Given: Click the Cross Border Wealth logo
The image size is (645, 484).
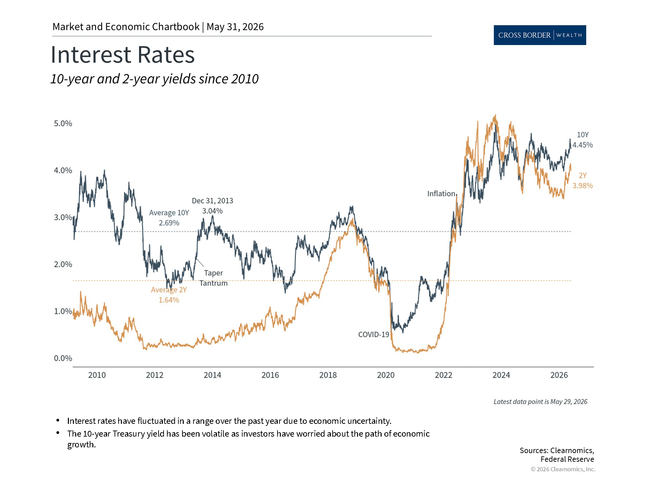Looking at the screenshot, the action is tap(540, 35).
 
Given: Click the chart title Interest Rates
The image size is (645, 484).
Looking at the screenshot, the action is tap(123, 54).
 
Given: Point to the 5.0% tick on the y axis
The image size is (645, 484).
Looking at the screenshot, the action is tap(63, 123).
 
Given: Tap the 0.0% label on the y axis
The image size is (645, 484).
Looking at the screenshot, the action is tap(63, 358).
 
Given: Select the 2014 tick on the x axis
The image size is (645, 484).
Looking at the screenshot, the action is tap(212, 375).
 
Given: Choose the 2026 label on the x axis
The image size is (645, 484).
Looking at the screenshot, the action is tap(559, 375).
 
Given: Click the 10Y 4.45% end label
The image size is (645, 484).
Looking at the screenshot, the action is tap(583, 140).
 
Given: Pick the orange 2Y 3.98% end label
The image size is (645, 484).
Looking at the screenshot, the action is tap(583, 180).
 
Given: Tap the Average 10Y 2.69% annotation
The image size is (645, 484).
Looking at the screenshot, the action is tap(169, 218).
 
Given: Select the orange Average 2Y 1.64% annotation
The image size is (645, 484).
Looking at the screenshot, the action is tap(169, 295).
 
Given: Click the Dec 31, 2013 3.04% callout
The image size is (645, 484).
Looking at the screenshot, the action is tap(212, 206).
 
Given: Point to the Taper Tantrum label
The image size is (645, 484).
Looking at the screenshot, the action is tap(214, 278).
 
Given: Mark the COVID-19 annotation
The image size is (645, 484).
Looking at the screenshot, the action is tap(374, 334).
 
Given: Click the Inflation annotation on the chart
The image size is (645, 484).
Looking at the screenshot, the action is tap(441, 194).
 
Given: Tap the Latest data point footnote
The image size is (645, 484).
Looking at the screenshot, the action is tap(541, 402).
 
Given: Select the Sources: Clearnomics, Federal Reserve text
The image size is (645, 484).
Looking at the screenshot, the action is tap(557, 455).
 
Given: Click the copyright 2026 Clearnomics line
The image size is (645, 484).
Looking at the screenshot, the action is tap(563, 469).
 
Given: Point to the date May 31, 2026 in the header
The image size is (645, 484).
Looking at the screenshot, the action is tap(235, 27).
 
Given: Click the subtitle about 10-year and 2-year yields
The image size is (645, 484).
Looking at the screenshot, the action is tap(155, 79).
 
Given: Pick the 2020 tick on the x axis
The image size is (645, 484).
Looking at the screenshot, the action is tap(386, 375).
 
